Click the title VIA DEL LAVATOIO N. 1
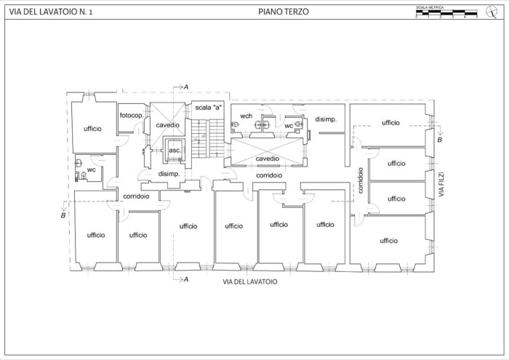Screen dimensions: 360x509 [50, 12]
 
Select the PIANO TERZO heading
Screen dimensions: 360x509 [284, 12]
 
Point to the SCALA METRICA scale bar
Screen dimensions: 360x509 [446, 13]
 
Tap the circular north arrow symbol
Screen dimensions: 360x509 [491, 11]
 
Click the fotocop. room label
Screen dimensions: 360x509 [131, 116]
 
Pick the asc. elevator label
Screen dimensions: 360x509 [175, 151]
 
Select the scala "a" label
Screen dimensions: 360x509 [208, 108]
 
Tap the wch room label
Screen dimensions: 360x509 [247, 116]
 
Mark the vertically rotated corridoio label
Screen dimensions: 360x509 [360, 180]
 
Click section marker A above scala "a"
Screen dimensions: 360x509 [186, 87]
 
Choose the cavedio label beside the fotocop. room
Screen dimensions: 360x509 [167, 125]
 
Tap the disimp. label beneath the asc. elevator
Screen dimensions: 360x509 [169, 174]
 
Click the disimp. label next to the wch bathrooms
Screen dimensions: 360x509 [325, 119]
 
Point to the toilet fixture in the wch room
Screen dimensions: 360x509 [236, 125]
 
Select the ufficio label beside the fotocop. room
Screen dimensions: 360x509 [92, 129]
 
